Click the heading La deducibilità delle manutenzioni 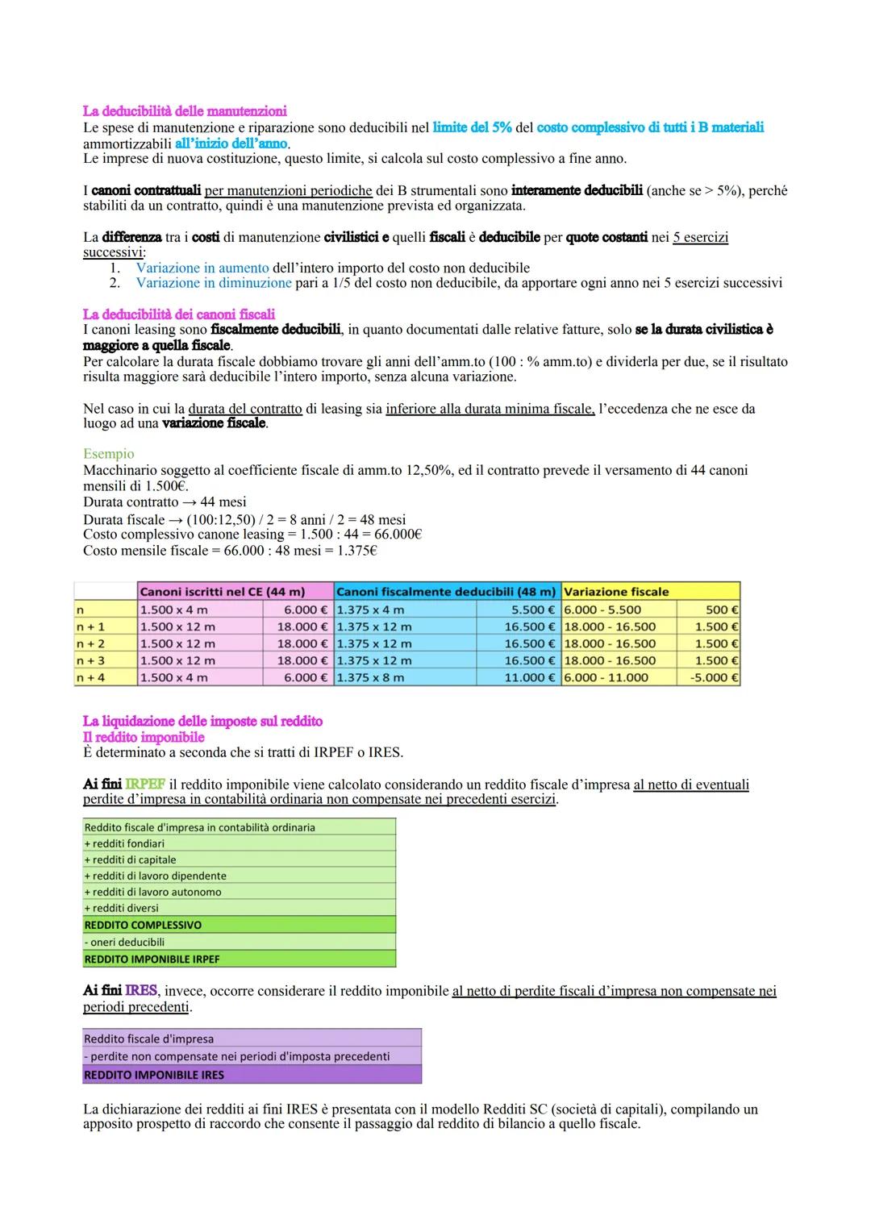pyautogui.click(x=185, y=111)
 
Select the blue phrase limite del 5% pyautogui.click(x=472, y=127)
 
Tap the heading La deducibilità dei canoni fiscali pyautogui.click(x=179, y=314)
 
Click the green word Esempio pyautogui.click(x=109, y=454)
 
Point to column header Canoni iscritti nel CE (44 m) pyautogui.click(x=222, y=592)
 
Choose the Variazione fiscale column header pyautogui.click(x=617, y=592)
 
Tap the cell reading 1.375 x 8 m pyautogui.click(x=371, y=678)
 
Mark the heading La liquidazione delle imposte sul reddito pyautogui.click(x=202, y=722)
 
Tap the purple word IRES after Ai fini pyautogui.click(x=142, y=991)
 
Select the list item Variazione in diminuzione pyautogui.click(x=214, y=283)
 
